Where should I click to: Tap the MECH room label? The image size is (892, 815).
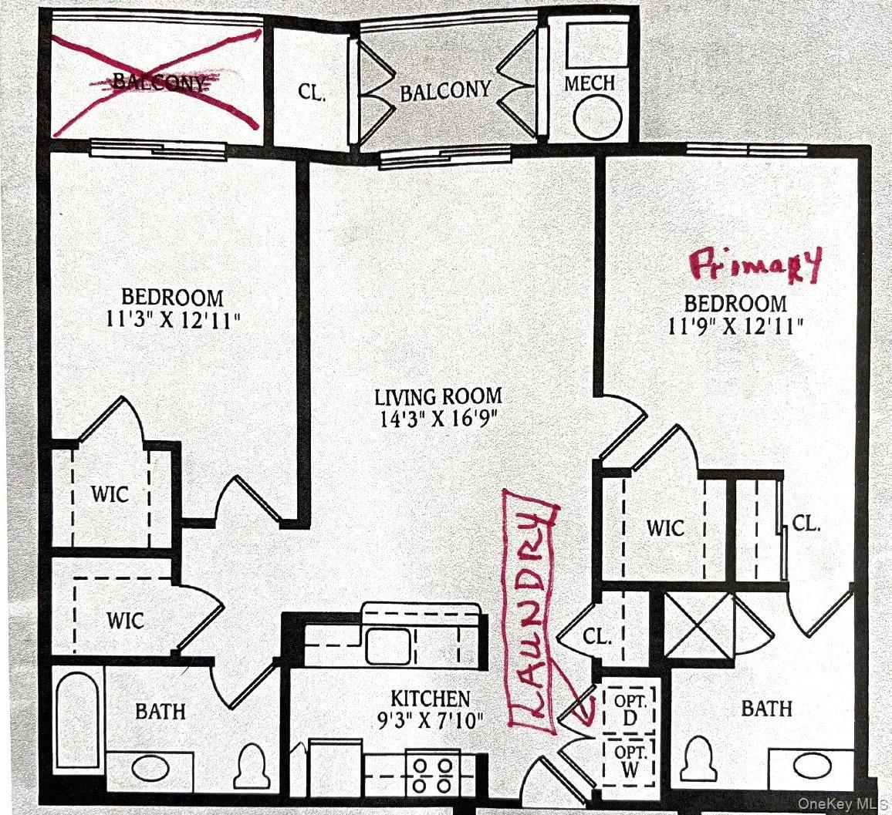[590, 83]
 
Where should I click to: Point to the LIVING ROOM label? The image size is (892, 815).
[438, 397]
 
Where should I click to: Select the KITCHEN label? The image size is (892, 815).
[430, 699]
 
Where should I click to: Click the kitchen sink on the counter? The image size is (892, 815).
[387, 646]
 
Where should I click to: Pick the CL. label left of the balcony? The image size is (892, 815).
[312, 93]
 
